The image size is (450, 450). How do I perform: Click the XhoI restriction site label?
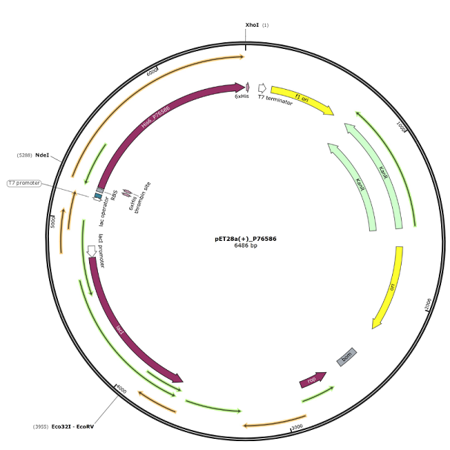[x=252, y=25]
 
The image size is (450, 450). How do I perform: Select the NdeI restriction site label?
[x=42, y=155]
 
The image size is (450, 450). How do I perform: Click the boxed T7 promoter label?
[x=24, y=183]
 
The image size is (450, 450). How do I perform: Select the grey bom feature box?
[x=347, y=357]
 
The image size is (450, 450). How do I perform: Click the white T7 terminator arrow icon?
[x=262, y=88]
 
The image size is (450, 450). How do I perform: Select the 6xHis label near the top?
[x=241, y=96]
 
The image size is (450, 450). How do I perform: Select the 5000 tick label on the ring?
[x=53, y=222]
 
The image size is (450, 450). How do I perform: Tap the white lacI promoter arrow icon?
[x=91, y=252]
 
